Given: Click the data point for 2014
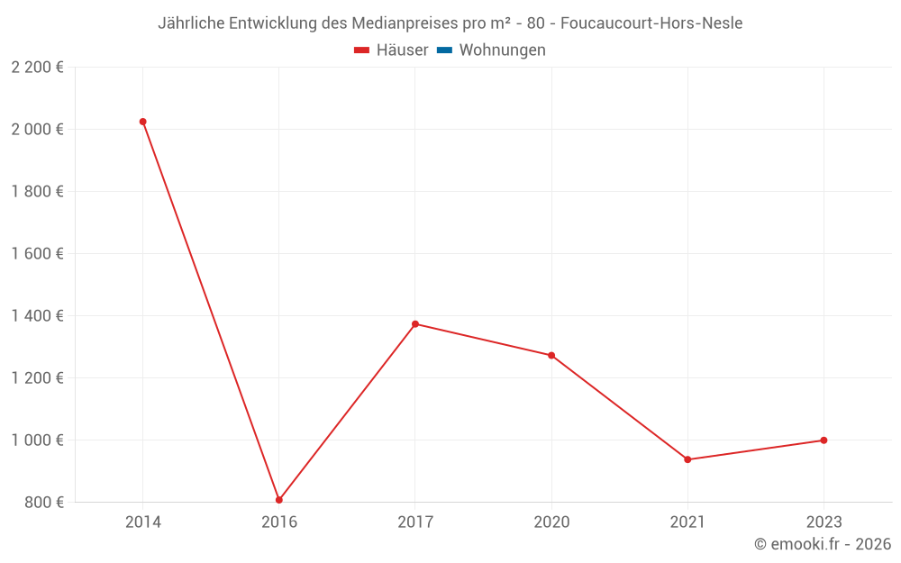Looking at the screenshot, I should [142, 122].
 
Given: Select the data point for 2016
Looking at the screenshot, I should [279, 500].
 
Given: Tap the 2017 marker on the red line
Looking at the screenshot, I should [415, 324].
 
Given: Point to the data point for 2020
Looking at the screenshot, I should [551, 355].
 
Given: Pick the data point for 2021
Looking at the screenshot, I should [687, 459].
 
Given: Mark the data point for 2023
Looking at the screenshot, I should [824, 440].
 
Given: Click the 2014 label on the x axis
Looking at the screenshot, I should [142, 522].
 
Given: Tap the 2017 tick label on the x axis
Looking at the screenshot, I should [415, 522].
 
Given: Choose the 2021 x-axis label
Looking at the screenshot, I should [687, 522].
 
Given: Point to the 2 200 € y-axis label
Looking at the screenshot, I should [38, 67].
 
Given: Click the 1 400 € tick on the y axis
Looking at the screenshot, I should [38, 315].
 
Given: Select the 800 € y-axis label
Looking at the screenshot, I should [43, 502].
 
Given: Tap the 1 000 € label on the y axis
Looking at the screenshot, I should [38, 440].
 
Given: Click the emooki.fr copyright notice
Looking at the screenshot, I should [822, 544].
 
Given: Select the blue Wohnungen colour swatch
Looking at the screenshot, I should [443, 50].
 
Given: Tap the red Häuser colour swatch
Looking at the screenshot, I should [362, 50].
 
